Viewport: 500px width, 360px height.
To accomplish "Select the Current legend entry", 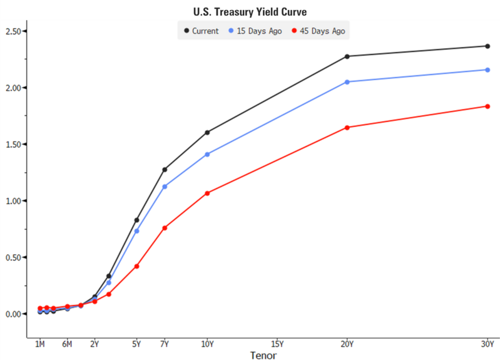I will [201, 31].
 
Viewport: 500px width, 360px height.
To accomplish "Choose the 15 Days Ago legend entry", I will [257, 31].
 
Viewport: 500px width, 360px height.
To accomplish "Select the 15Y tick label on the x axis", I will [277, 344].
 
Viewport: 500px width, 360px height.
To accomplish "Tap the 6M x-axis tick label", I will [67, 344].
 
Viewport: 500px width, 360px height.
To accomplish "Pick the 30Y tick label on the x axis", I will [487, 344].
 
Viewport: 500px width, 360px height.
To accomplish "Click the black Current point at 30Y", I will [487, 46].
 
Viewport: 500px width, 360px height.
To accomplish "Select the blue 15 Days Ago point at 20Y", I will [347, 82].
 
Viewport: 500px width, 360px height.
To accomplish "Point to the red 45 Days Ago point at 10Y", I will [207, 193].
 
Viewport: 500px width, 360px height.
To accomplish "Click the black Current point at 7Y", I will [165, 170].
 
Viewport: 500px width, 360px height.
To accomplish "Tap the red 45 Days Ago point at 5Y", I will [136, 266].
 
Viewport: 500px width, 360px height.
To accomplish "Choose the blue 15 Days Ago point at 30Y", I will [487, 69].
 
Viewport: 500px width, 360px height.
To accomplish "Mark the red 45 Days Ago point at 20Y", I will [347, 128].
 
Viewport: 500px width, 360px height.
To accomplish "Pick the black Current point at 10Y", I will [207, 132].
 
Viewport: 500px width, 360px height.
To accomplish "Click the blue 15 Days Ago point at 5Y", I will [136, 231].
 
